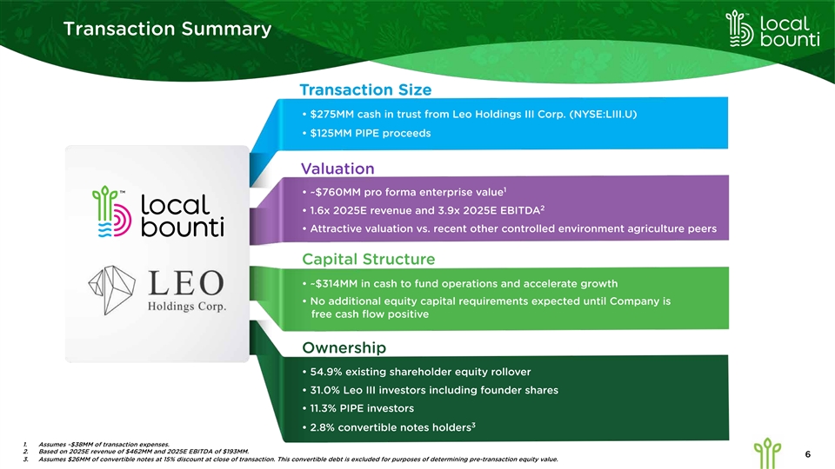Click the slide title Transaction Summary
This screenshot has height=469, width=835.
167,29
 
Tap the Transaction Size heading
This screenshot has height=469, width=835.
365,89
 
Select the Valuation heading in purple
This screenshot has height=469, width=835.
337,168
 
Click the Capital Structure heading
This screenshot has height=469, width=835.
369,259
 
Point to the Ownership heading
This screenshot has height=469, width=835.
344,347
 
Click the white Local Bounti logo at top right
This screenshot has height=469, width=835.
772,30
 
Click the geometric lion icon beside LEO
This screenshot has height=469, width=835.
112,290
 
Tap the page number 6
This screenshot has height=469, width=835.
808,454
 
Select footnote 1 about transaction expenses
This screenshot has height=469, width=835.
104,445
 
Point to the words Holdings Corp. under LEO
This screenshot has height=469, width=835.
187,307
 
